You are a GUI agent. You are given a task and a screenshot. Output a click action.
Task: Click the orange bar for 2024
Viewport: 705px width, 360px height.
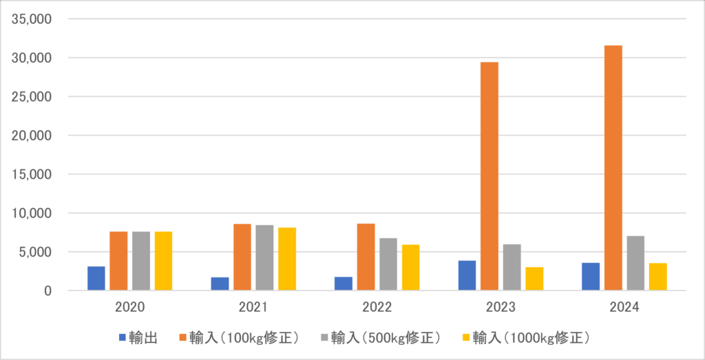click(x=613, y=168)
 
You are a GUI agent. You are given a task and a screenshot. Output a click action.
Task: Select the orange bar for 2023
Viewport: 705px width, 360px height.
click(x=490, y=176)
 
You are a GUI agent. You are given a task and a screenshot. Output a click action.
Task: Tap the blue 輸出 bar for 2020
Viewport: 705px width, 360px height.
click(x=96, y=278)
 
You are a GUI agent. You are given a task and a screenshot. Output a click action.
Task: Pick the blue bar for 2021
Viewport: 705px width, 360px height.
click(x=220, y=284)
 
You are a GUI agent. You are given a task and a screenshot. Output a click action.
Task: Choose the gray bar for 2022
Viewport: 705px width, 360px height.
click(x=388, y=264)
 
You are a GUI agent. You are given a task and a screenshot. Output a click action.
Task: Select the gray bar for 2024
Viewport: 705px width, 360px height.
click(x=635, y=263)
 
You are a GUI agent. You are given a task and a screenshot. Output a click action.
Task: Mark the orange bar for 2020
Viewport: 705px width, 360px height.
click(x=118, y=261)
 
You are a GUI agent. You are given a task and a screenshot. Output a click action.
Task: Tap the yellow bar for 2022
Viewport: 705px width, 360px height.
click(x=411, y=268)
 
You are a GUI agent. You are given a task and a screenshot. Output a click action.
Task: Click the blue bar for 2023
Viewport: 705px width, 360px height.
click(x=467, y=275)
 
